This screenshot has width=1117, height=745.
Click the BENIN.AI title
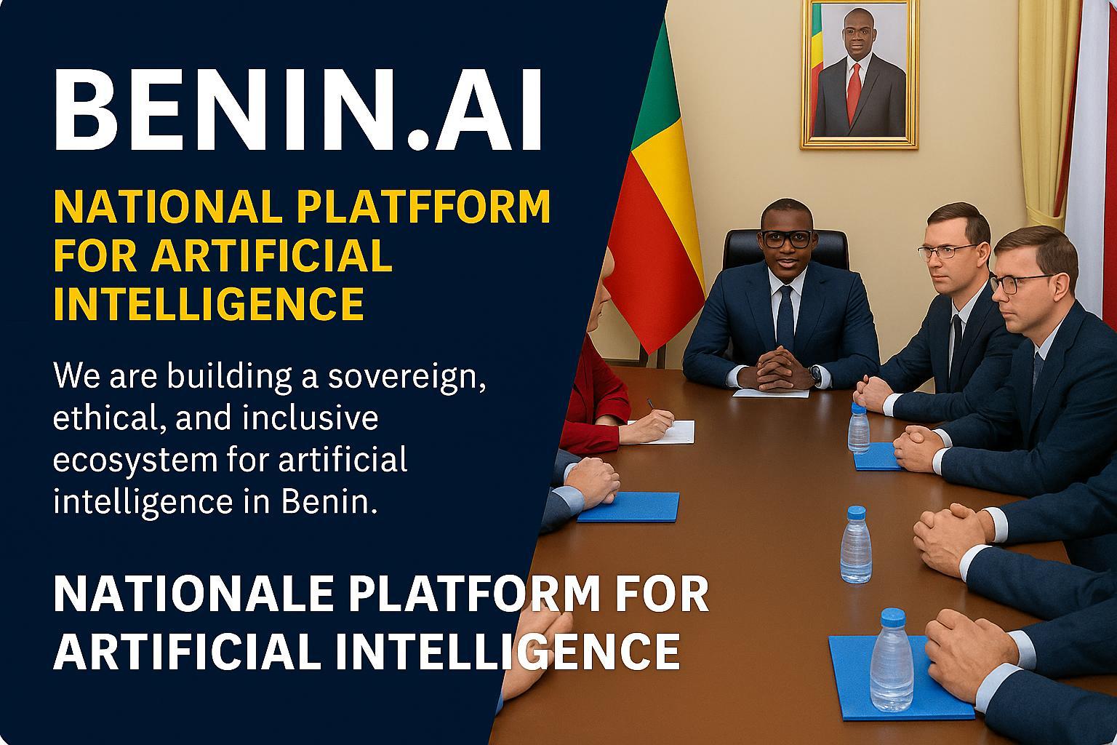coord(297,109)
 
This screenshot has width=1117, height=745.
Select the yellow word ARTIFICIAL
coord(271,255)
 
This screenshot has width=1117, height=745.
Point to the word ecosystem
coord(135,461)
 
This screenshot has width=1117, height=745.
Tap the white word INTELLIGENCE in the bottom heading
coord(508,651)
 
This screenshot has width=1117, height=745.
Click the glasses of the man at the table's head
coord(786,239)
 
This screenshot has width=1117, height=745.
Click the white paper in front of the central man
coord(771,393)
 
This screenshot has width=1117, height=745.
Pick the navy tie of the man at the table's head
coord(785,318)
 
